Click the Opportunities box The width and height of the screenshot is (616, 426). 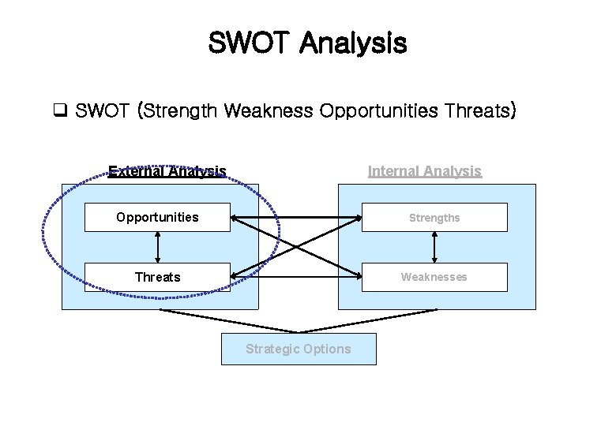pos(157,217)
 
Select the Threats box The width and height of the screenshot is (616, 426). pos(157,277)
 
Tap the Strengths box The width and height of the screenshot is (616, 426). pos(434,217)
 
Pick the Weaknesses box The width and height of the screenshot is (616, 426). pos(434,277)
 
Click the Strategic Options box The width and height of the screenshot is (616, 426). pos(299,349)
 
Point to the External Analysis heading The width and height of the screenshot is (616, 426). pos(167,170)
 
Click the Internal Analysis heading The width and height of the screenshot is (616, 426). pos(425,170)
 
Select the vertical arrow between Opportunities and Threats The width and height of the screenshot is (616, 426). pos(158,247)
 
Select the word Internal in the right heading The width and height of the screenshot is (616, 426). pos(396,170)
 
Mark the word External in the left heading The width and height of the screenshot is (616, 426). pos(136,170)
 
